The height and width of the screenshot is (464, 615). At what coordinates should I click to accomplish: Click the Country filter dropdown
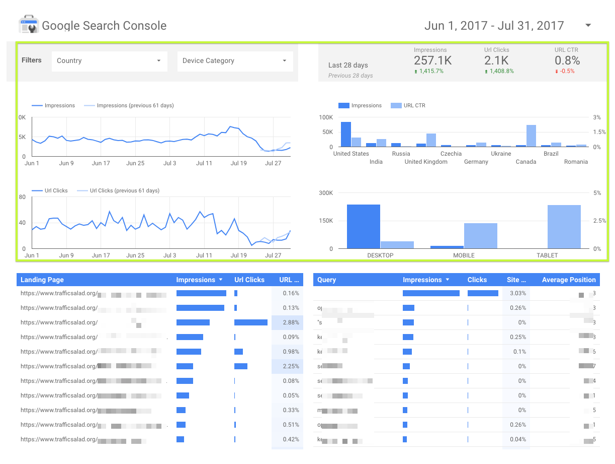pyautogui.click(x=109, y=61)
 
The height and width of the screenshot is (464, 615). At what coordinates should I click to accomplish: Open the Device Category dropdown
pyautogui.click(x=235, y=61)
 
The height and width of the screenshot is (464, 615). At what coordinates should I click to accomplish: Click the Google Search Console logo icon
pyautogui.click(x=28, y=25)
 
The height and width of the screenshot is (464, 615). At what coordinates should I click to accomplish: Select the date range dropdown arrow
pyautogui.click(x=588, y=26)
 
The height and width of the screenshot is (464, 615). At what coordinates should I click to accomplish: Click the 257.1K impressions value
pyautogui.click(x=432, y=60)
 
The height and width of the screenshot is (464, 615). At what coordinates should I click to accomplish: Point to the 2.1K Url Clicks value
pyautogui.click(x=496, y=60)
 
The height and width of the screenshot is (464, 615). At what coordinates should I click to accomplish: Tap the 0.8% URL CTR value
pyautogui.click(x=567, y=60)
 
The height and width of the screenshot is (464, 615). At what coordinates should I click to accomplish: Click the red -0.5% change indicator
pyautogui.click(x=567, y=71)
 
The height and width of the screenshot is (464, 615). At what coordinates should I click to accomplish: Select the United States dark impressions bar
pyautogui.click(x=345, y=134)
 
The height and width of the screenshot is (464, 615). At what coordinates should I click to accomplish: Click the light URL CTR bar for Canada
pyautogui.click(x=531, y=136)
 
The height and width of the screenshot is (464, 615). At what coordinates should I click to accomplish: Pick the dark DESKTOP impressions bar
pyautogui.click(x=363, y=226)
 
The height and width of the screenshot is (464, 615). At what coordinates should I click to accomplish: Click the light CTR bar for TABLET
pyautogui.click(x=564, y=227)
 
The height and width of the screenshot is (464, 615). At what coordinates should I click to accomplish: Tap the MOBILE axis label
pyautogui.click(x=464, y=255)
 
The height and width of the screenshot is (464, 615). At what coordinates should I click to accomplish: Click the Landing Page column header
pyautogui.click(x=42, y=280)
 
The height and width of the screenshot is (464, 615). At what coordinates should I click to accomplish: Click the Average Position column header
pyautogui.click(x=568, y=280)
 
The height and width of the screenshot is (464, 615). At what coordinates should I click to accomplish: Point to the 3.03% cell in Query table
pyautogui.click(x=517, y=293)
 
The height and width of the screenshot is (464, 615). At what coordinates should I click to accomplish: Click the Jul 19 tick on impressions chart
pyautogui.click(x=238, y=163)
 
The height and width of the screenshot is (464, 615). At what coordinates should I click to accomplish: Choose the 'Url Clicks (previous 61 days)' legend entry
pyautogui.click(x=124, y=191)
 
